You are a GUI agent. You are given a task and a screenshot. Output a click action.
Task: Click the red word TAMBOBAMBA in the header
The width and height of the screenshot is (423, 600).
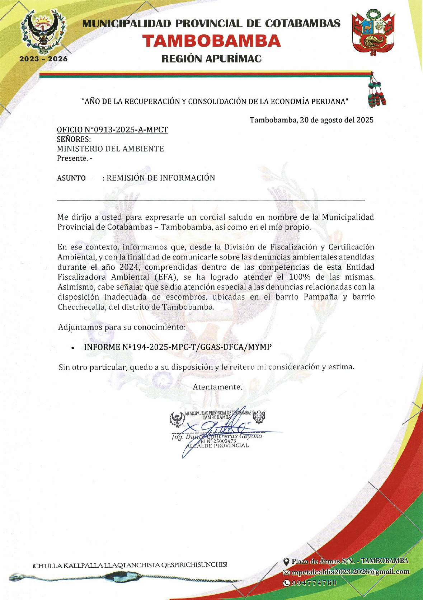coord(211,41)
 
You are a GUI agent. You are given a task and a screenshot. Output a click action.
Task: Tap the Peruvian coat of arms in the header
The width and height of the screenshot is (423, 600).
coord(373,33)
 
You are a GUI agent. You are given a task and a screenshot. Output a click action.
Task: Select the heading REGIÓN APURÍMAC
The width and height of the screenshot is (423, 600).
coord(211,59)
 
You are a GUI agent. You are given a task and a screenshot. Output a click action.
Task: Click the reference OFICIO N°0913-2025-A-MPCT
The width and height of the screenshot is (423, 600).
coord(112,130)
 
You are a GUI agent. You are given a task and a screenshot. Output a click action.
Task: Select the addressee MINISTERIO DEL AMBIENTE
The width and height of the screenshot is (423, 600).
coord(110,149)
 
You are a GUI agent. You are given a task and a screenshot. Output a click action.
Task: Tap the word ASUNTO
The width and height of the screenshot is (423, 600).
coord(71,178)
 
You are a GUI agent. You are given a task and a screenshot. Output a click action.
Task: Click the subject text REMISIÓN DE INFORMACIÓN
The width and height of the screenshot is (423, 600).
coord(161,178)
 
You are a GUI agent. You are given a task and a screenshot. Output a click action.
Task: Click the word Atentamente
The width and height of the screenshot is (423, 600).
coord(217,387)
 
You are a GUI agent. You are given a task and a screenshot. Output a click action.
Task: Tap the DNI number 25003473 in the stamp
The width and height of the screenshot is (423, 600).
coord(225,441)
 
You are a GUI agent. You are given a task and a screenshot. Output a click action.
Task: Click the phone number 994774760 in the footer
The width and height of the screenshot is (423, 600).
coord(314,582)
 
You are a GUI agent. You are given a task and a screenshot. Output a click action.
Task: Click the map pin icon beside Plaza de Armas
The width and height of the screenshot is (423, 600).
coord(286,561)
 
